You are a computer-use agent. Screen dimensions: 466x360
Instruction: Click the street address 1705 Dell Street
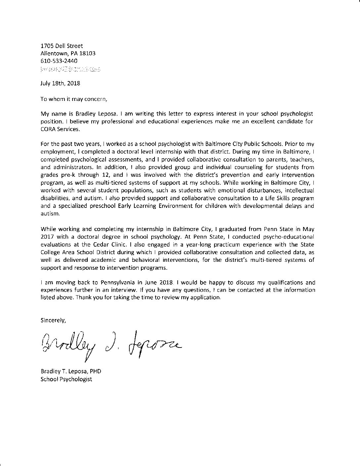[x=62, y=46]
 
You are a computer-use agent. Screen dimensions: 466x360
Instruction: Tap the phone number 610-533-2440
[x=59, y=61]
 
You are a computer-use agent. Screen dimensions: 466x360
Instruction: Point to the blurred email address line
[x=70, y=70]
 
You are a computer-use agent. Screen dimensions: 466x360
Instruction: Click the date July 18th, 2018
[x=60, y=83]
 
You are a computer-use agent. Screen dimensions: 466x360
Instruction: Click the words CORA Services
[x=60, y=129]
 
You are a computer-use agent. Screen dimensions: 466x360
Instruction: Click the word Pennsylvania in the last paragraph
[x=115, y=283]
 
